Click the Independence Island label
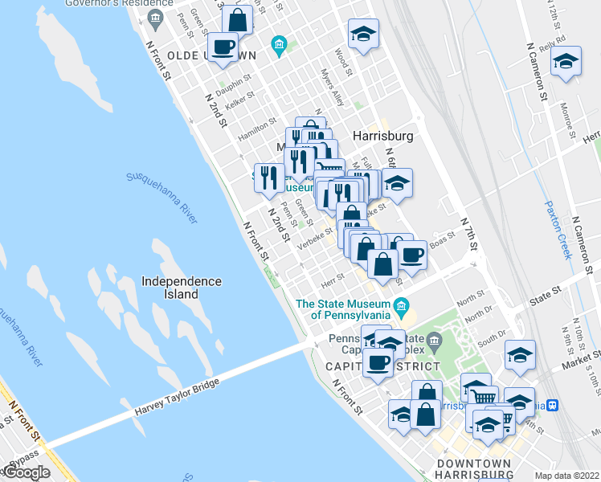click(181, 288)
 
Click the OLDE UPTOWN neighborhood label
click(213, 55)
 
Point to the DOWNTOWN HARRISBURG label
click(474, 469)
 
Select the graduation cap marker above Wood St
click(363, 34)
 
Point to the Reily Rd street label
click(554, 41)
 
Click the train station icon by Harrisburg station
click(552, 405)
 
